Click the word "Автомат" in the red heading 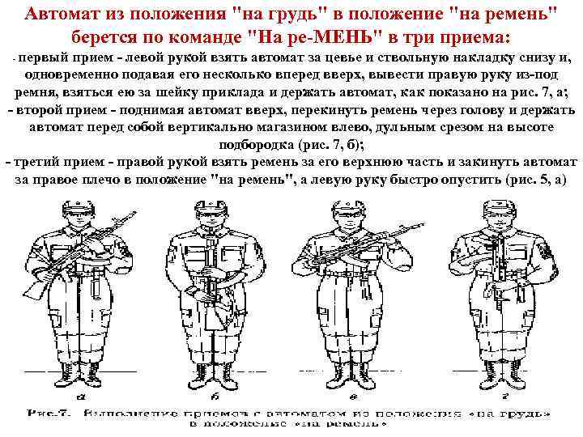(x=61, y=15)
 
